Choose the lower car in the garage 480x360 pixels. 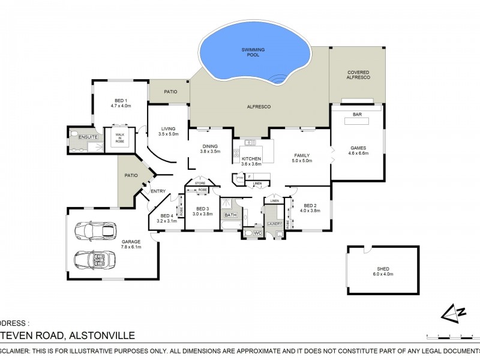(92, 259)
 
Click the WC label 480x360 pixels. (258, 233)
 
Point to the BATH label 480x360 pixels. (230, 215)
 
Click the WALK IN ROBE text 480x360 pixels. (119, 138)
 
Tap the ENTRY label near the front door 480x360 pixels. (158, 191)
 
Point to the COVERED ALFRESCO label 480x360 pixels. (358, 75)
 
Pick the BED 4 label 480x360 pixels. (166, 217)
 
